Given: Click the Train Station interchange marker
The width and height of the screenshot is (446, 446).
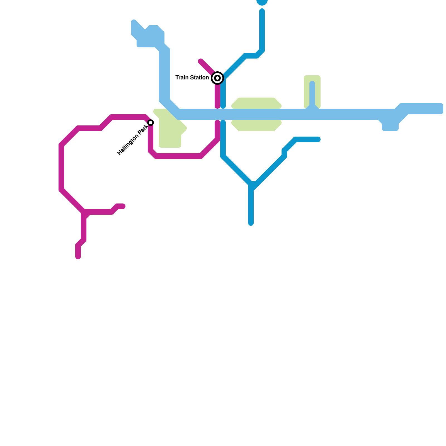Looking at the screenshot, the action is [x=217, y=78].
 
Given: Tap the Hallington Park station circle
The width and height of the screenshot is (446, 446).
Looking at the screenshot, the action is [x=151, y=123].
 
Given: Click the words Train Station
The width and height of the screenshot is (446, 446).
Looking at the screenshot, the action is [x=192, y=77].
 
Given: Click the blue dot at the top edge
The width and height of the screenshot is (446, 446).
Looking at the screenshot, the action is [x=262, y=2].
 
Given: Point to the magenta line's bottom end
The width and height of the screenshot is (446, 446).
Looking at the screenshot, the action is [x=78, y=256].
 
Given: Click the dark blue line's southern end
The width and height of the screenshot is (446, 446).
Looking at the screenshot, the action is [x=251, y=223].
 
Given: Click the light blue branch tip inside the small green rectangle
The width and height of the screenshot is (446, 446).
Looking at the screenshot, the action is [x=312, y=83].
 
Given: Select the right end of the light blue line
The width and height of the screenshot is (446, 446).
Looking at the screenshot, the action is [x=440, y=109].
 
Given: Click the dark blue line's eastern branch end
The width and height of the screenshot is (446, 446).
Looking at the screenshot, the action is [x=318, y=139].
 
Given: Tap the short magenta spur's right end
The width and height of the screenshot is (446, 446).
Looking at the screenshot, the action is [x=123, y=206].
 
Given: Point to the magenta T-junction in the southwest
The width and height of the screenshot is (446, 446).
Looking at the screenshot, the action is [x=84, y=212].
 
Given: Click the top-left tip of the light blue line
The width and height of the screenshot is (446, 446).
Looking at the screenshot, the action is [x=134, y=22].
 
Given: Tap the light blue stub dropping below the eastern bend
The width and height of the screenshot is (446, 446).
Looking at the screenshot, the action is [x=390, y=127].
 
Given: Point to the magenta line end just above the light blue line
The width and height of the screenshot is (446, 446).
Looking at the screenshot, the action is [x=217, y=106].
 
